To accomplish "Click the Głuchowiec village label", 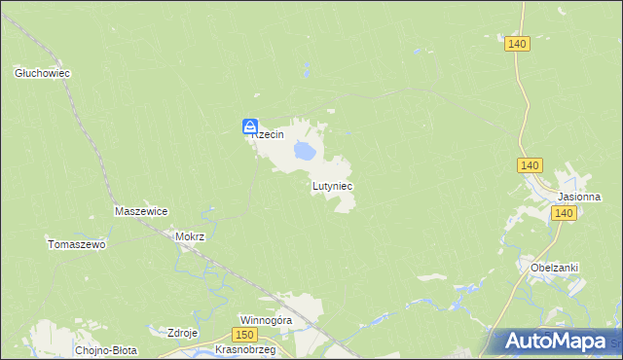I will [x=44, y=73].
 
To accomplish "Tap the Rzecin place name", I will [x=269, y=135].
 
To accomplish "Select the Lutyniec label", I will [x=332, y=185].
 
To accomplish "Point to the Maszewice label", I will [x=142, y=211].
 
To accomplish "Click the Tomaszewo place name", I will [x=77, y=244].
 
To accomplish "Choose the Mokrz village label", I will [x=190, y=236].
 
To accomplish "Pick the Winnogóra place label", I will [x=267, y=319].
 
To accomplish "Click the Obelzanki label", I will [x=555, y=268].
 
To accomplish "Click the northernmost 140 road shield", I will [x=517, y=44].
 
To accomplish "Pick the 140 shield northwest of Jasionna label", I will [x=530, y=166].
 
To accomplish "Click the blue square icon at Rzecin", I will [x=250, y=126].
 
